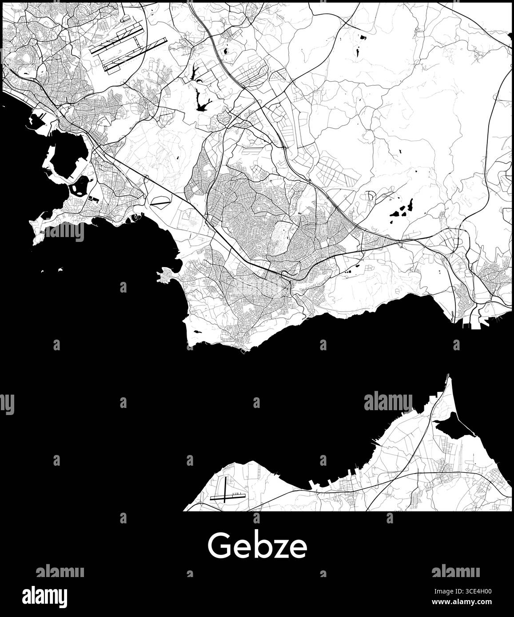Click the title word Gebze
click(257, 546)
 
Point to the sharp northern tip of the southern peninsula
click(448, 376)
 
